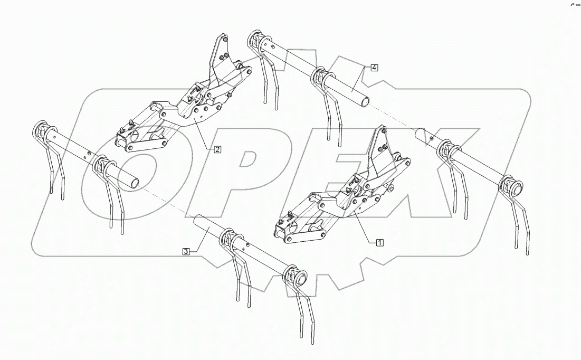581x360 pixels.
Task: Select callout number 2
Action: [217, 149]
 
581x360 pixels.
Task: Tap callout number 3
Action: [186, 252]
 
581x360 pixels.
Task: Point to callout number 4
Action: [374, 68]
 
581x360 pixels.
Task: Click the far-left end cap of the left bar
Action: [40, 128]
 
